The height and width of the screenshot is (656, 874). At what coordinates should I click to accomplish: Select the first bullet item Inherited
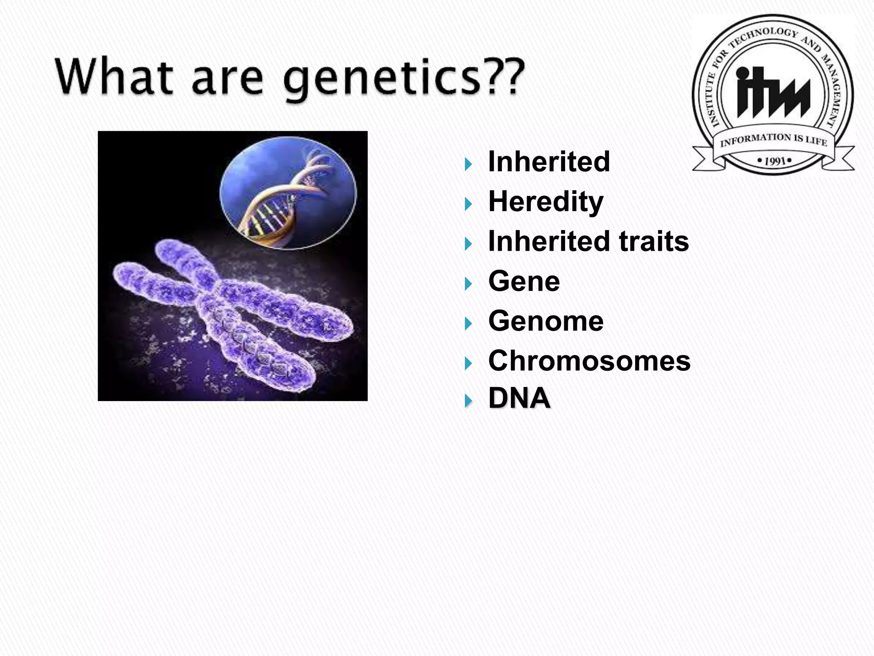(549, 161)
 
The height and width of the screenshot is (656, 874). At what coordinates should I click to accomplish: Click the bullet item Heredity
(545, 201)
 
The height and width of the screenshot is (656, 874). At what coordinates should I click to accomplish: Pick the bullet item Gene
(524, 281)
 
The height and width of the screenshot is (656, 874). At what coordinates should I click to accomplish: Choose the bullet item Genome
(545, 321)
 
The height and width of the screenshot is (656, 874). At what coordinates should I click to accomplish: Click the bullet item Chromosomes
(589, 361)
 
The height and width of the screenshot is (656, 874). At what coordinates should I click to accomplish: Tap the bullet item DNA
(519, 398)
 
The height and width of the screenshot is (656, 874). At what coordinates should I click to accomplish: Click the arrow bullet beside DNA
(469, 401)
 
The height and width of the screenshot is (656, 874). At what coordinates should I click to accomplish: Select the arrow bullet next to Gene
(469, 284)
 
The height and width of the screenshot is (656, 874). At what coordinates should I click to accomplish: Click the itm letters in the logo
(772, 93)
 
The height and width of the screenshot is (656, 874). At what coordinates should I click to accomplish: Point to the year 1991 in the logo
(775, 161)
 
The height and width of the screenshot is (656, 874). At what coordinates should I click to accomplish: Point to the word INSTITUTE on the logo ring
(711, 100)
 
